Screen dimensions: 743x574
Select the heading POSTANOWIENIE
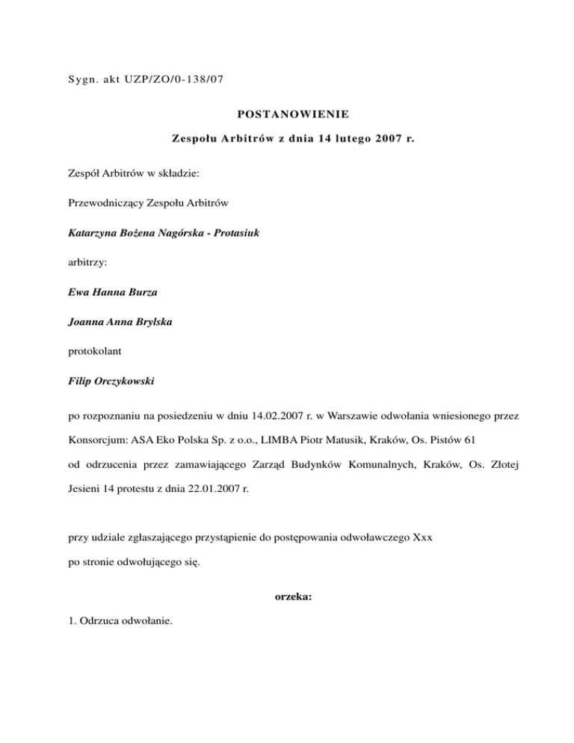click(287, 114)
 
